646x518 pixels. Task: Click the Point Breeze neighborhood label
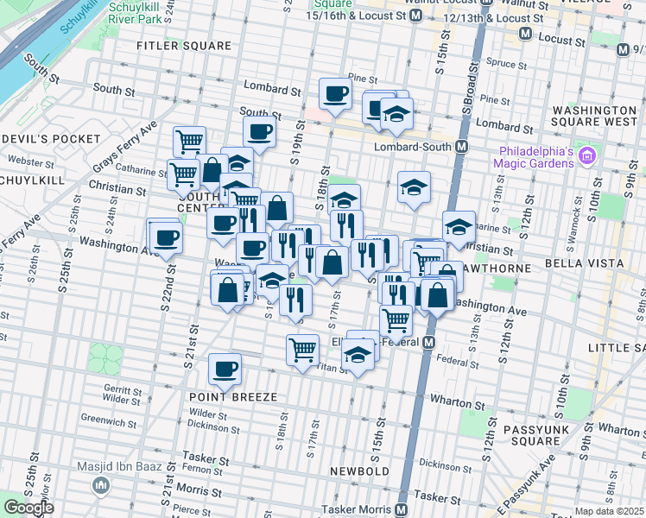click(233, 396)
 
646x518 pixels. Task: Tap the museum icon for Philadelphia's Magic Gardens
click(589, 156)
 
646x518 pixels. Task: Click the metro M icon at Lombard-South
click(462, 147)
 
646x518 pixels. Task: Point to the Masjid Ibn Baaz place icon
click(101, 486)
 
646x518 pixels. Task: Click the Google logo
click(28, 508)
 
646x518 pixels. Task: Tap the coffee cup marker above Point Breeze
click(225, 369)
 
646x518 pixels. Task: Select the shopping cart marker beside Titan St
click(302, 351)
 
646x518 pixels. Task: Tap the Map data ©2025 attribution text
click(608, 511)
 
